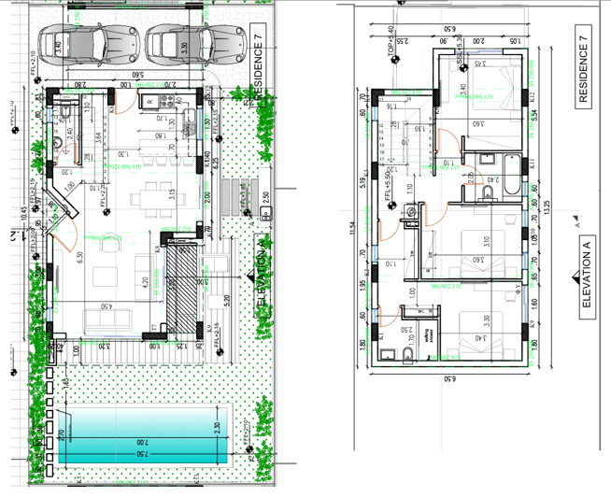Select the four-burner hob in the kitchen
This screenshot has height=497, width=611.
[x=150, y=101]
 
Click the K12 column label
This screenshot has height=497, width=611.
[x=530, y=97]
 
